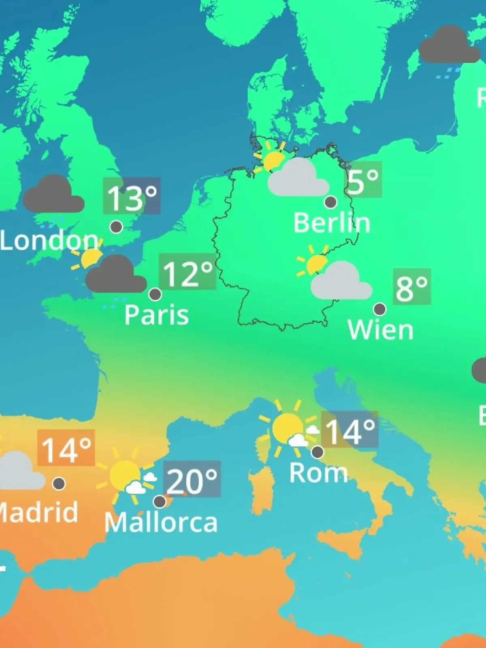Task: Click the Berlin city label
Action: (332, 223)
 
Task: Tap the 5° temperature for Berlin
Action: (363, 180)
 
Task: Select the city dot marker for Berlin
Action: (330, 202)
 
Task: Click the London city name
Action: (49, 241)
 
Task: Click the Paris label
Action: (157, 315)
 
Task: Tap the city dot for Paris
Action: (155, 294)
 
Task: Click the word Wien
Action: (380, 330)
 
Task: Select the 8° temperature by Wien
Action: (411, 287)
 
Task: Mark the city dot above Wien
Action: (379, 309)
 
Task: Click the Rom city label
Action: (318, 473)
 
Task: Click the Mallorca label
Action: (161, 522)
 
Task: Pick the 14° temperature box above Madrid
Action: (66, 448)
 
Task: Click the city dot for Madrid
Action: (59, 483)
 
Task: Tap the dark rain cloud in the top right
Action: (449, 45)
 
